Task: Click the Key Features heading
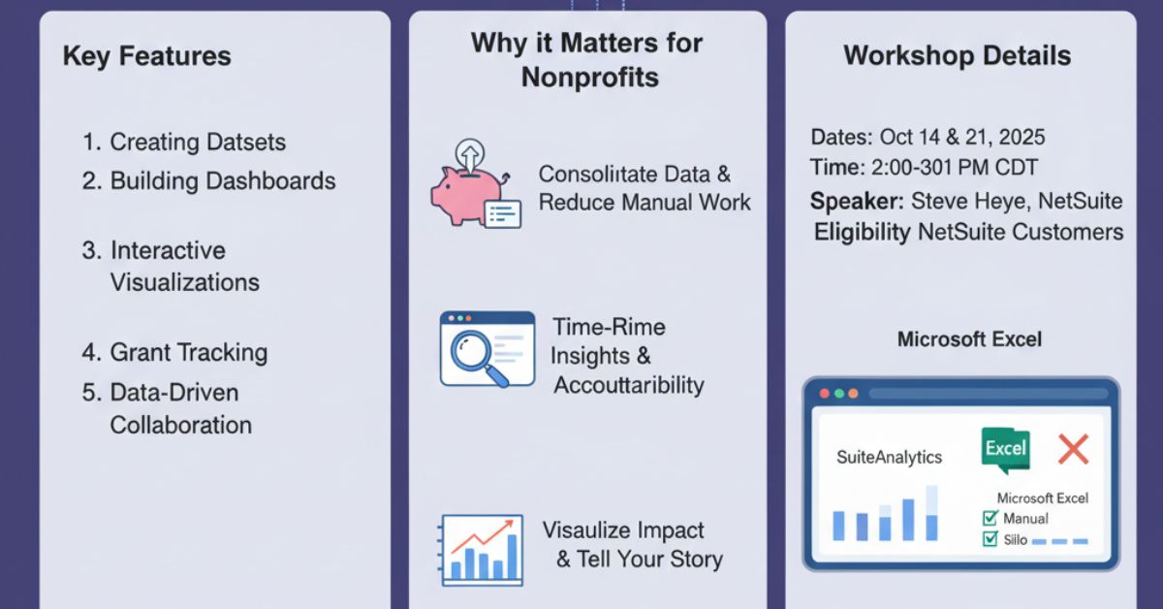point(146,56)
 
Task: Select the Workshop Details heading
point(957,55)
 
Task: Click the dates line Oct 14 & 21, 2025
point(927,137)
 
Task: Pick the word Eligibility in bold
point(862,232)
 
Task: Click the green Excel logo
point(1005,450)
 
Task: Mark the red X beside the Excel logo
point(1073,448)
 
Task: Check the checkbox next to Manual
point(990,519)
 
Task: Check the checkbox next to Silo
point(990,539)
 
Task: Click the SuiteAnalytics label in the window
point(889,457)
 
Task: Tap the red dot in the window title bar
point(825,394)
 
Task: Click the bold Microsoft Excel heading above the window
point(969,339)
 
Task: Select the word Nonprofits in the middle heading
point(589,78)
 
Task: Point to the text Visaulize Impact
point(622,530)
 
